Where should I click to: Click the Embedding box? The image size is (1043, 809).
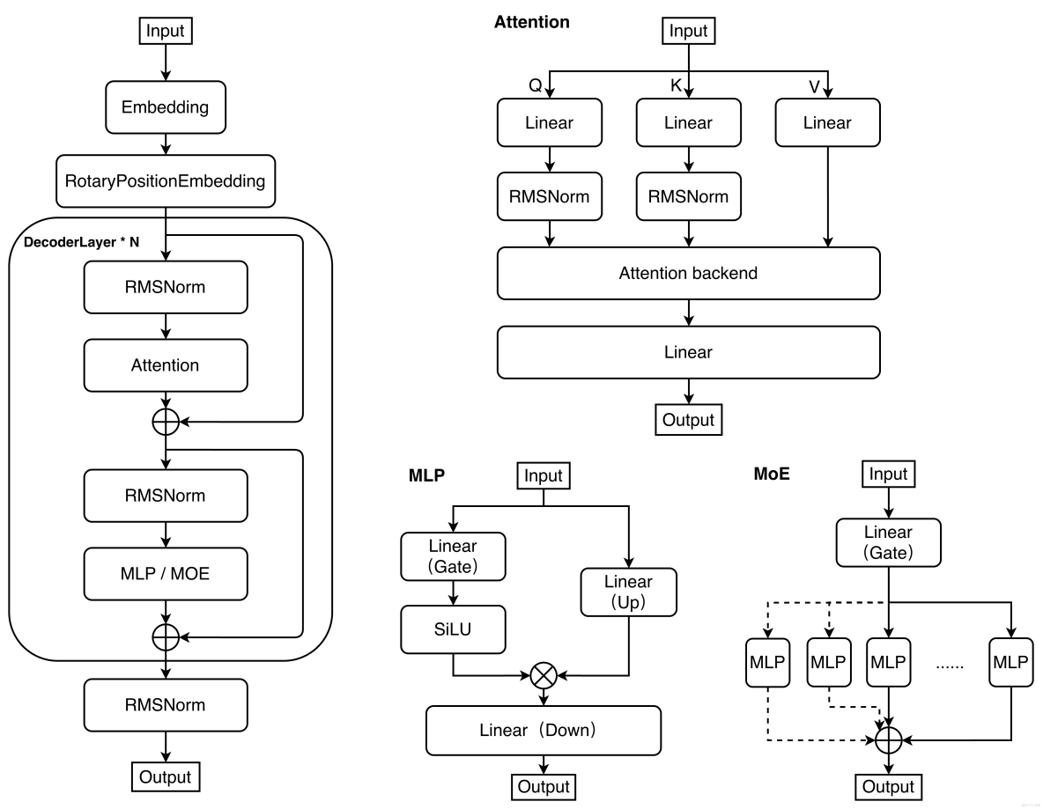click(166, 107)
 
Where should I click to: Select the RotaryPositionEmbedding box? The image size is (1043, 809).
click(166, 181)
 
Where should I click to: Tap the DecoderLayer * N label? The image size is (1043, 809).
click(81, 242)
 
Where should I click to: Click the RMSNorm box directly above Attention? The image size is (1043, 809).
click(166, 287)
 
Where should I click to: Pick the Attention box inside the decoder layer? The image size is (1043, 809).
click(166, 365)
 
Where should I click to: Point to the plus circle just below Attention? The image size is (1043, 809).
click(166, 423)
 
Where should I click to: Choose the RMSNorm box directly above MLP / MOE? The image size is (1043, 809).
click(166, 496)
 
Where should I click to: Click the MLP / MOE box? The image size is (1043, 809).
click(166, 574)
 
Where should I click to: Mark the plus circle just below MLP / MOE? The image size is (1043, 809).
click(166, 636)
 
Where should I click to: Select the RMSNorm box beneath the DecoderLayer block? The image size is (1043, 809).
click(166, 705)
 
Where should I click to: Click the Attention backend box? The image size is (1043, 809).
click(688, 273)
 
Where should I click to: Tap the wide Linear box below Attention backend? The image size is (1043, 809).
click(688, 352)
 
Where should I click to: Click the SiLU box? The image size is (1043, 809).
click(453, 629)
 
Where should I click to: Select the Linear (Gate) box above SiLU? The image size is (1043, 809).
click(453, 556)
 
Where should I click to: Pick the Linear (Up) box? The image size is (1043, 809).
click(628, 592)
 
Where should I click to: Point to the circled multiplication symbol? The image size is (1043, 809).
click(544, 676)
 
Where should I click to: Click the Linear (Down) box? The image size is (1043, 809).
click(543, 731)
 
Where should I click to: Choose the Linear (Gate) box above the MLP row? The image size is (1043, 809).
click(888, 542)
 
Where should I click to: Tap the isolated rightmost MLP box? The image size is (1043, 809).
click(1010, 663)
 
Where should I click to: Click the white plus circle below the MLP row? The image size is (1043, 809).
click(889, 740)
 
